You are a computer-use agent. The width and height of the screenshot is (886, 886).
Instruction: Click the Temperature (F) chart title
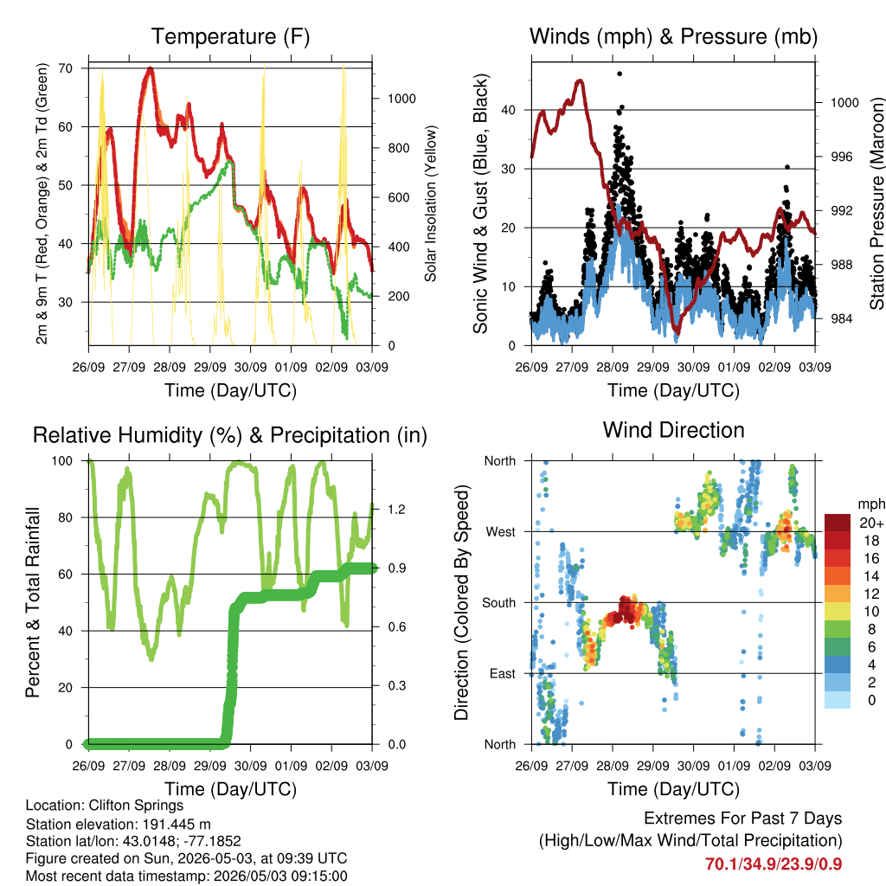click(230, 36)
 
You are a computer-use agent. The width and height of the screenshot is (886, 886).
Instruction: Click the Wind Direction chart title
click(673, 430)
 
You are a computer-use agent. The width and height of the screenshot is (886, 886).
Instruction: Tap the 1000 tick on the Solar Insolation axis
click(401, 99)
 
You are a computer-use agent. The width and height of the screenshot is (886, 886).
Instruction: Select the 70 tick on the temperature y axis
click(66, 68)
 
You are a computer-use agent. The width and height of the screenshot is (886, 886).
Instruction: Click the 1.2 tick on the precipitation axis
click(396, 509)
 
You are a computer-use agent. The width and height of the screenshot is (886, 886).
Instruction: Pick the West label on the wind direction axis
click(501, 532)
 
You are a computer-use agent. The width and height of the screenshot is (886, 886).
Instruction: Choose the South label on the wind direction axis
click(499, 603)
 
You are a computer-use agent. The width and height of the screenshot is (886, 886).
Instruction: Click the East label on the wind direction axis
click(503, 673)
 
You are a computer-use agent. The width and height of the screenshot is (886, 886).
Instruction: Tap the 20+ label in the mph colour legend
click(871, 523)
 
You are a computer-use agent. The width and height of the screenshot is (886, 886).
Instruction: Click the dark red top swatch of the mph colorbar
click(838, 523)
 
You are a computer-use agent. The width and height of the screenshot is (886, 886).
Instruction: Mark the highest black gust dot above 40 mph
click(620, 74)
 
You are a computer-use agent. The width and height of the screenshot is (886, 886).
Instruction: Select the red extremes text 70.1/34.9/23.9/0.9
click(774, 864)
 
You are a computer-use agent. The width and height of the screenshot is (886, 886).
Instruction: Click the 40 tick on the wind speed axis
click(508, 110)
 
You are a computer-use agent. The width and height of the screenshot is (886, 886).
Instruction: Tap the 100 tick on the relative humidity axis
click(62, 461)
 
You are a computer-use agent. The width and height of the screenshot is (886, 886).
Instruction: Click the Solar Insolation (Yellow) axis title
click(431, 203)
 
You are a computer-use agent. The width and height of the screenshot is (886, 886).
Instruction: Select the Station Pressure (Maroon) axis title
click(876, 203)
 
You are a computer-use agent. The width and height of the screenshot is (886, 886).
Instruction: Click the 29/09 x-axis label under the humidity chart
click(210, 766)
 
